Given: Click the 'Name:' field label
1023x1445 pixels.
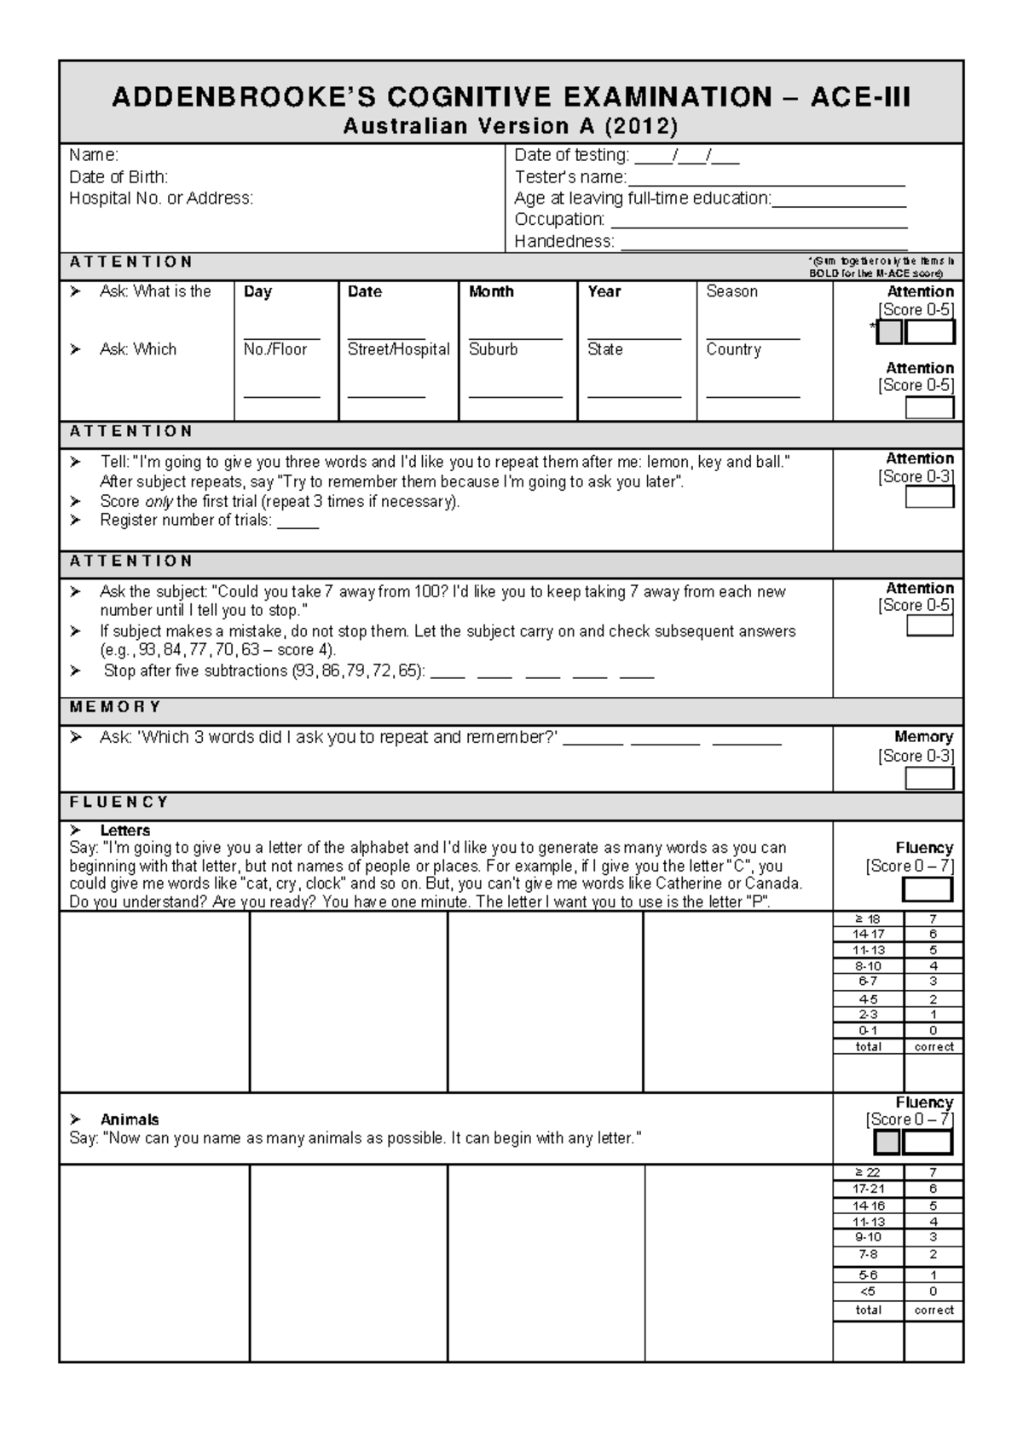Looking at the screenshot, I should coord(94,155).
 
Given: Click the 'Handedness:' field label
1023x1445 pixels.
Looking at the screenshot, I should coord(564,241).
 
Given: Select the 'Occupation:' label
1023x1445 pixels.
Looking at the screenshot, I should coord(559,220).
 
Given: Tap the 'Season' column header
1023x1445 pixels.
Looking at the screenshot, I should coord(731,291).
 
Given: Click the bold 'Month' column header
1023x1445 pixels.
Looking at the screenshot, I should coord(491,291).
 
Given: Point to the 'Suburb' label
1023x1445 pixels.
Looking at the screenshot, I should coord(493,349).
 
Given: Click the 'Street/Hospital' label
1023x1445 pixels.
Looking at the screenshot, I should coord(398,349).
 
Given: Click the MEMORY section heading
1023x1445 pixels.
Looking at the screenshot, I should coord(115,707).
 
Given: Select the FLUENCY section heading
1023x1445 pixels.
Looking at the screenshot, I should coord(119,802).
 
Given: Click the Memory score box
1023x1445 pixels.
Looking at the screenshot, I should coord(929,778).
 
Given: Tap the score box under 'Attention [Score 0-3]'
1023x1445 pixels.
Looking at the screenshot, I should coord(929,497).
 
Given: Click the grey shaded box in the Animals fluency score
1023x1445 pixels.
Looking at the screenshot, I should coord(887,1143).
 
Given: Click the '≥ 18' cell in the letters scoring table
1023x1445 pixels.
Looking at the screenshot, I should coord(868,918).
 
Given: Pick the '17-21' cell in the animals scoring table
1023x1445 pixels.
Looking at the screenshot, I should coord(868,1189).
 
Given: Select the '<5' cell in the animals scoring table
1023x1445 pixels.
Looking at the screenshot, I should coord(868,1291).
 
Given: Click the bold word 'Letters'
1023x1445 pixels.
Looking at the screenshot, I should coord(124,830).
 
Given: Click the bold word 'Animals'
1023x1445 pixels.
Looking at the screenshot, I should coord(130,1120).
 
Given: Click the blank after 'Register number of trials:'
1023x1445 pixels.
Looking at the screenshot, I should coord(298,521).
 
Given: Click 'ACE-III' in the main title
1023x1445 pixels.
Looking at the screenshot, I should coord(860,97).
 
